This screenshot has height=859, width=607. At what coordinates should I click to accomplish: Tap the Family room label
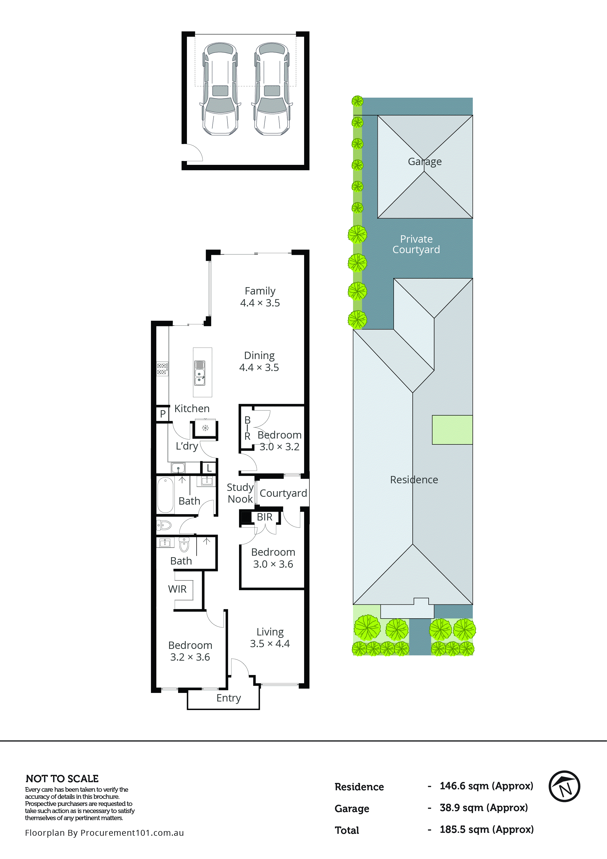tap(260, 297)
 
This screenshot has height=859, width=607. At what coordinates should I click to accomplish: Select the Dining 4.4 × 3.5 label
tap(259, 362)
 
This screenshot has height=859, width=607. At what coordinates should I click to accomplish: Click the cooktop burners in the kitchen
tap(162, 369)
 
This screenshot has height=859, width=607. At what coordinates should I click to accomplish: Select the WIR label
tap(177, 589)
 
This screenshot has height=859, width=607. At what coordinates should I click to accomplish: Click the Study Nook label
tap(240, 493)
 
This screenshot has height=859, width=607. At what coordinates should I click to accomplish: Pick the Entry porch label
tap(229, 698)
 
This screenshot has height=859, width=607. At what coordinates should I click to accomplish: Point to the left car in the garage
tap(220, 89)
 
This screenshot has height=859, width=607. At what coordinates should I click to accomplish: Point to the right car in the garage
tap(272, 89)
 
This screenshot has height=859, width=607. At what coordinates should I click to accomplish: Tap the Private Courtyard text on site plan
tap(416, 244)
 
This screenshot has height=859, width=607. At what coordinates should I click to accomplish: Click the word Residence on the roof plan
tap(414, 480)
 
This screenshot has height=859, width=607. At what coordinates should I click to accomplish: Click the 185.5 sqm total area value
tap(486, 829)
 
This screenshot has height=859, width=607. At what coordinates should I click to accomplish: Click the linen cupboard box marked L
tap(209, 468)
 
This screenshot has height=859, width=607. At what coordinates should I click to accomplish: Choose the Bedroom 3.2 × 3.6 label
tap(190, 651)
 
